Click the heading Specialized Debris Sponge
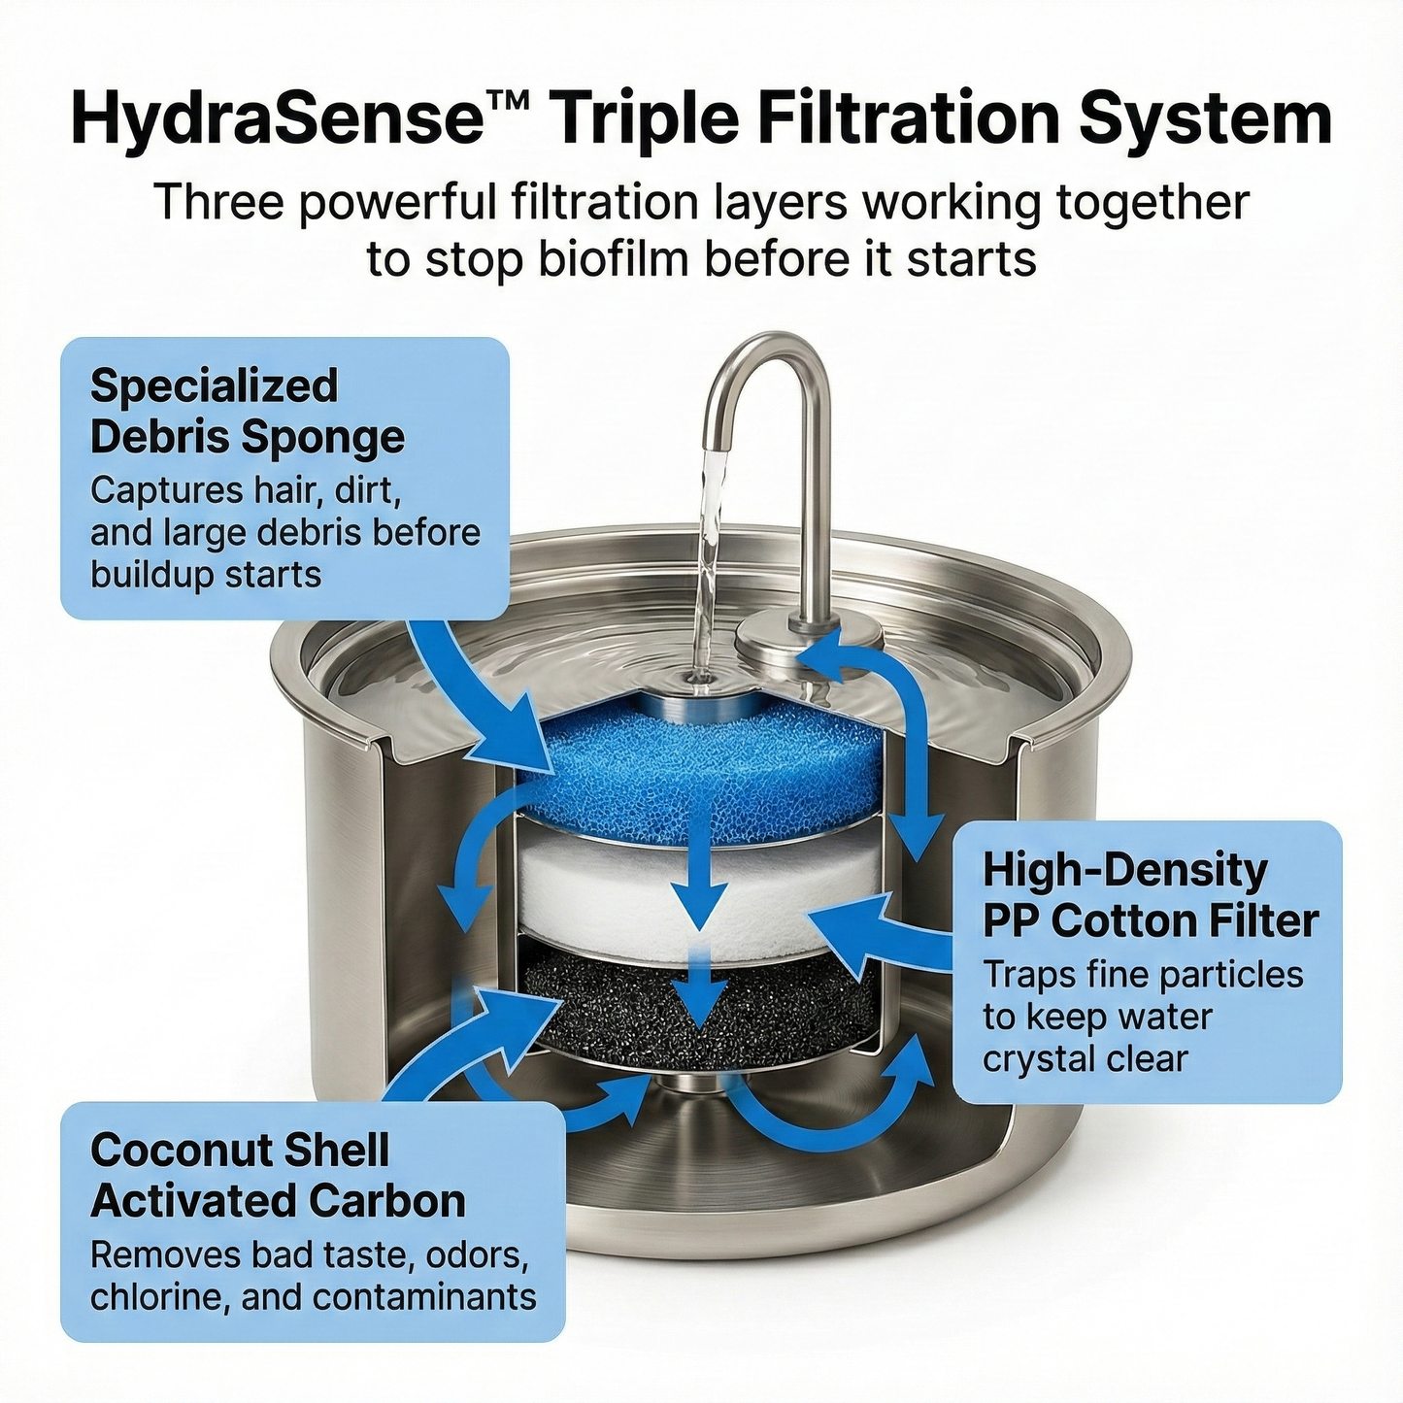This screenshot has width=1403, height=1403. pos(248,411)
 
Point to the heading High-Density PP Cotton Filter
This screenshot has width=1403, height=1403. pos(1151,895)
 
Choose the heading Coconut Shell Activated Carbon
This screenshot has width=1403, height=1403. pos(278,1175)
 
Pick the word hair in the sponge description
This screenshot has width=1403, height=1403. pos(283,490)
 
